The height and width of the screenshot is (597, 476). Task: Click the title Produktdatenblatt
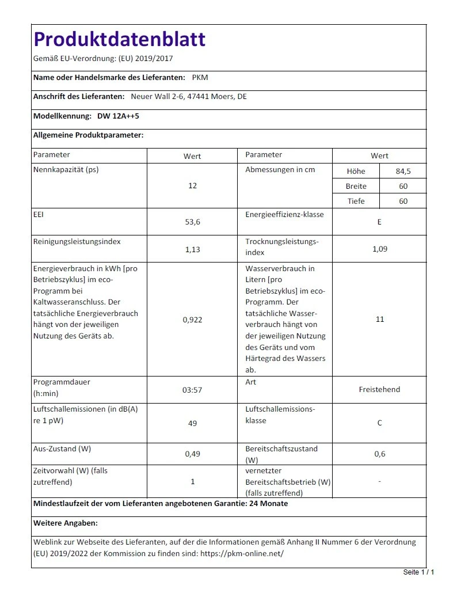[120, 39]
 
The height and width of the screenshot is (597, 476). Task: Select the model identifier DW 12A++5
[118, 116]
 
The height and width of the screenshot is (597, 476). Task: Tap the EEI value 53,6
[192, 222]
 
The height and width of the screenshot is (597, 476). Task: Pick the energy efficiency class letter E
[379, 222]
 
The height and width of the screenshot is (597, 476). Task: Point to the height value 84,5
[403, 171]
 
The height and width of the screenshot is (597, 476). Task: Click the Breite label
[356, 186]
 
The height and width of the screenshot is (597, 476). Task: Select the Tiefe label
[356, 201]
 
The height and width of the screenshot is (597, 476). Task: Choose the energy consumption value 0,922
[192, 320]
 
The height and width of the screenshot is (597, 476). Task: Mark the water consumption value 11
[379, 320]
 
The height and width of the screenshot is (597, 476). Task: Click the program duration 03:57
[192, 390]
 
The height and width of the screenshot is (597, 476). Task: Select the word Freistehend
[379, 389]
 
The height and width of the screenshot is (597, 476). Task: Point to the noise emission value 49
[192, 423]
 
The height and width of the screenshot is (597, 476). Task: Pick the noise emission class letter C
[379, 423]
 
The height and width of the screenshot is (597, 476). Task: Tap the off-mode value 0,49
[192, 454]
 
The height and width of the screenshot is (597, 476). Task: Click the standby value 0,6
[379, 454]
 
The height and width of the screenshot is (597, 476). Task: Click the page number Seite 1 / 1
[418, 572]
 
